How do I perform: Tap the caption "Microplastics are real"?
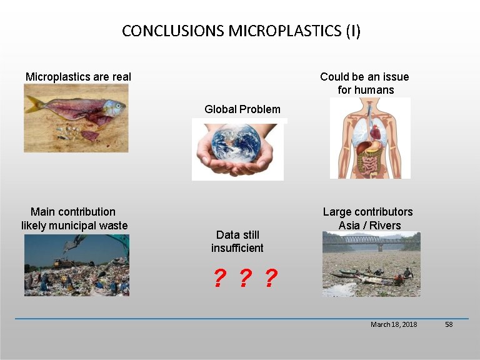click(x=78, y=77)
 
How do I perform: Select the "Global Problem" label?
click(x=242, y=109)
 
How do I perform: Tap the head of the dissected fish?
click(x=113, y=107)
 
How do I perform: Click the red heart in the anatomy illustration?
click(x=374, y=132)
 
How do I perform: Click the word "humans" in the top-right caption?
click(x=374, y=90)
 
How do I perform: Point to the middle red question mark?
click(x=244, y=279)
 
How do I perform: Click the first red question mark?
click(x=219, y=279)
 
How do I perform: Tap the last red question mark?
click(x=270, y=279)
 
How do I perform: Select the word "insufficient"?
click(x=237, y=248)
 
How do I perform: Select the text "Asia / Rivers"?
click(x=369, y=226)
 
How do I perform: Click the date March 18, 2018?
click(x=394, y=324)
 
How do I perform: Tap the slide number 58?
click(x=448, y=324)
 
